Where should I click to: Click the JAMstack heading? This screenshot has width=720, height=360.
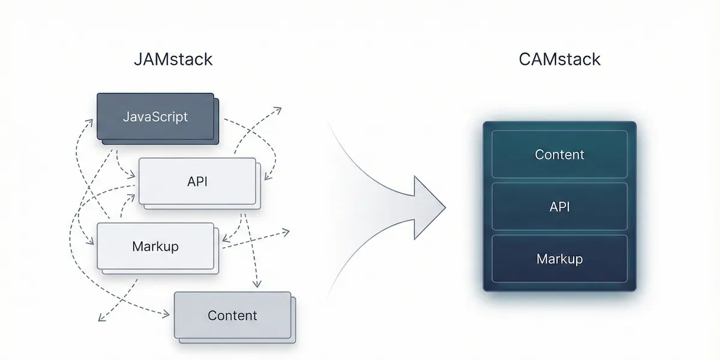point(173,59)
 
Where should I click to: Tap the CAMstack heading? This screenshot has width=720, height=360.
point(559,59)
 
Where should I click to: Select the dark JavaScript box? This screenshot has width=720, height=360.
point(155,116)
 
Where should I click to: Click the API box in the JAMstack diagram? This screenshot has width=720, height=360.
point(197,181)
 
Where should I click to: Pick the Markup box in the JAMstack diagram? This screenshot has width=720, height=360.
point(155,246)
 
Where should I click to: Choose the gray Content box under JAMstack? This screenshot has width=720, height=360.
point(232,315)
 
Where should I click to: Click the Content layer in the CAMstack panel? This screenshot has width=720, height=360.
point(559,154)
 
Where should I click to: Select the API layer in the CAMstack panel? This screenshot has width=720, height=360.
point(559,206)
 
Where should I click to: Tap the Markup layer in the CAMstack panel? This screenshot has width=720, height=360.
point(559,259)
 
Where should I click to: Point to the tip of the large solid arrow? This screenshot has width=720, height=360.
point(445,208)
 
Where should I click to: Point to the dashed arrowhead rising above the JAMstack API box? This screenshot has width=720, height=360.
point(278,109)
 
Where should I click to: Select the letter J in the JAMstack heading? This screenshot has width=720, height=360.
point(137,59)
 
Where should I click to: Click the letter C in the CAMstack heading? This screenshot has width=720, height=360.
point(524,59)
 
